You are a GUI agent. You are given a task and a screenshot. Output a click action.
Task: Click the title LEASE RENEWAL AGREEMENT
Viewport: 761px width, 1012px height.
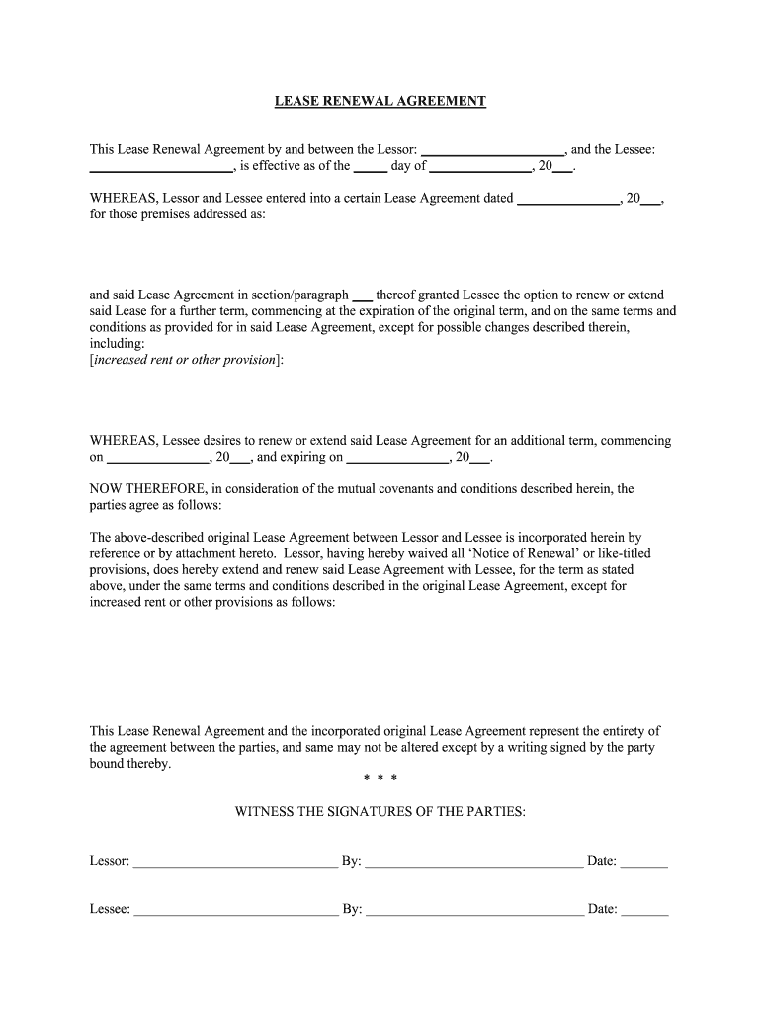tap(380, 101)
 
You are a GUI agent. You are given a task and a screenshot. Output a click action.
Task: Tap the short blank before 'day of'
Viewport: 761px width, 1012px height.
tap(370, 167)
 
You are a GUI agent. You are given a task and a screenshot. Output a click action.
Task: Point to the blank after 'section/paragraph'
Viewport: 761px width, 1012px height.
tap(363, 295)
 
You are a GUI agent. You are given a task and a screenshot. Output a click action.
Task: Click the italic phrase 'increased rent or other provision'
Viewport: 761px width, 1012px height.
tap(185, 359)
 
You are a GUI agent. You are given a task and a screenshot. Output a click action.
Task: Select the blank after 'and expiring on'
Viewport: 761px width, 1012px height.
tap(398, 458)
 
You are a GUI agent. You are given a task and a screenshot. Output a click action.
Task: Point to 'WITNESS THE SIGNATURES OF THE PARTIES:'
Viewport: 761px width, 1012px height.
tap(380, 812)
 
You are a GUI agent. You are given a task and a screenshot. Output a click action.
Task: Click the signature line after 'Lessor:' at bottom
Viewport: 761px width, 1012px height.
tap(235, 862)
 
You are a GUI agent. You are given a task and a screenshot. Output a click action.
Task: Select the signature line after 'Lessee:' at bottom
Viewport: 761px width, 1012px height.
tap(235, 909)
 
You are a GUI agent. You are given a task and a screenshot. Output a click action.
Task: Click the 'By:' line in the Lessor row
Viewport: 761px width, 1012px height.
tap(474, 862)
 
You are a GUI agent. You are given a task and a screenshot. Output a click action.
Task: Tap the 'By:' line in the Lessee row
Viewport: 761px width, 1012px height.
tap(474, 909)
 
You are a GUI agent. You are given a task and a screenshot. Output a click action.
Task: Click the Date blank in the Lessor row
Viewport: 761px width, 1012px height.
tap(644, 862)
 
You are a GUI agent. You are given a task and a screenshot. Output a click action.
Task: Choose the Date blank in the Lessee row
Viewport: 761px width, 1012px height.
tap(644, 909)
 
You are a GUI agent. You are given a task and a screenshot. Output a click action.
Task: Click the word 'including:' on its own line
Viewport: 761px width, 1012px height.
tap(117, 343)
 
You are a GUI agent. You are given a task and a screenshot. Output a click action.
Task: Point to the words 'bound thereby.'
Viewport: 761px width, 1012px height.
tap(130, 764)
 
